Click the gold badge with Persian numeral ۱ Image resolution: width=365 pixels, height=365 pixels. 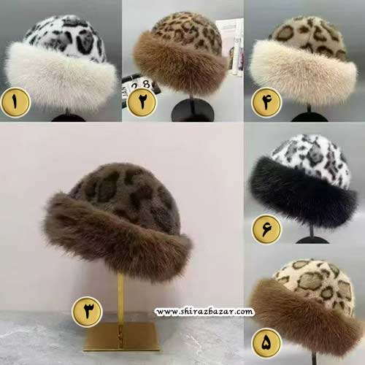tap(15, 102)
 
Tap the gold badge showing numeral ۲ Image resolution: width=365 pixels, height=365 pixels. tap(142, 101)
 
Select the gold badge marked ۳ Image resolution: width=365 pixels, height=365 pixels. tap(87, 312)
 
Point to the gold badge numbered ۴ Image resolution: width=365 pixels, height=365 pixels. tap(266, 102)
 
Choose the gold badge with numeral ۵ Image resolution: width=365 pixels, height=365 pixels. tap(266, 343)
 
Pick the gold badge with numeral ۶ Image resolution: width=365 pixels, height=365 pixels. tap(266, 229)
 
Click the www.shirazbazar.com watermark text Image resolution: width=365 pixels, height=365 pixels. tap(204, 312)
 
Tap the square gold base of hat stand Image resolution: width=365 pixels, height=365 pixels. tap(122, 337)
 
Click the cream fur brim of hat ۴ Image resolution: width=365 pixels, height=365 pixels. tap(304, 73)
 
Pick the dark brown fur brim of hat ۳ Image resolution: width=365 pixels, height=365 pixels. tap(117, 239)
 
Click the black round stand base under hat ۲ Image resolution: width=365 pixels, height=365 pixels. tap(193, 111)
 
